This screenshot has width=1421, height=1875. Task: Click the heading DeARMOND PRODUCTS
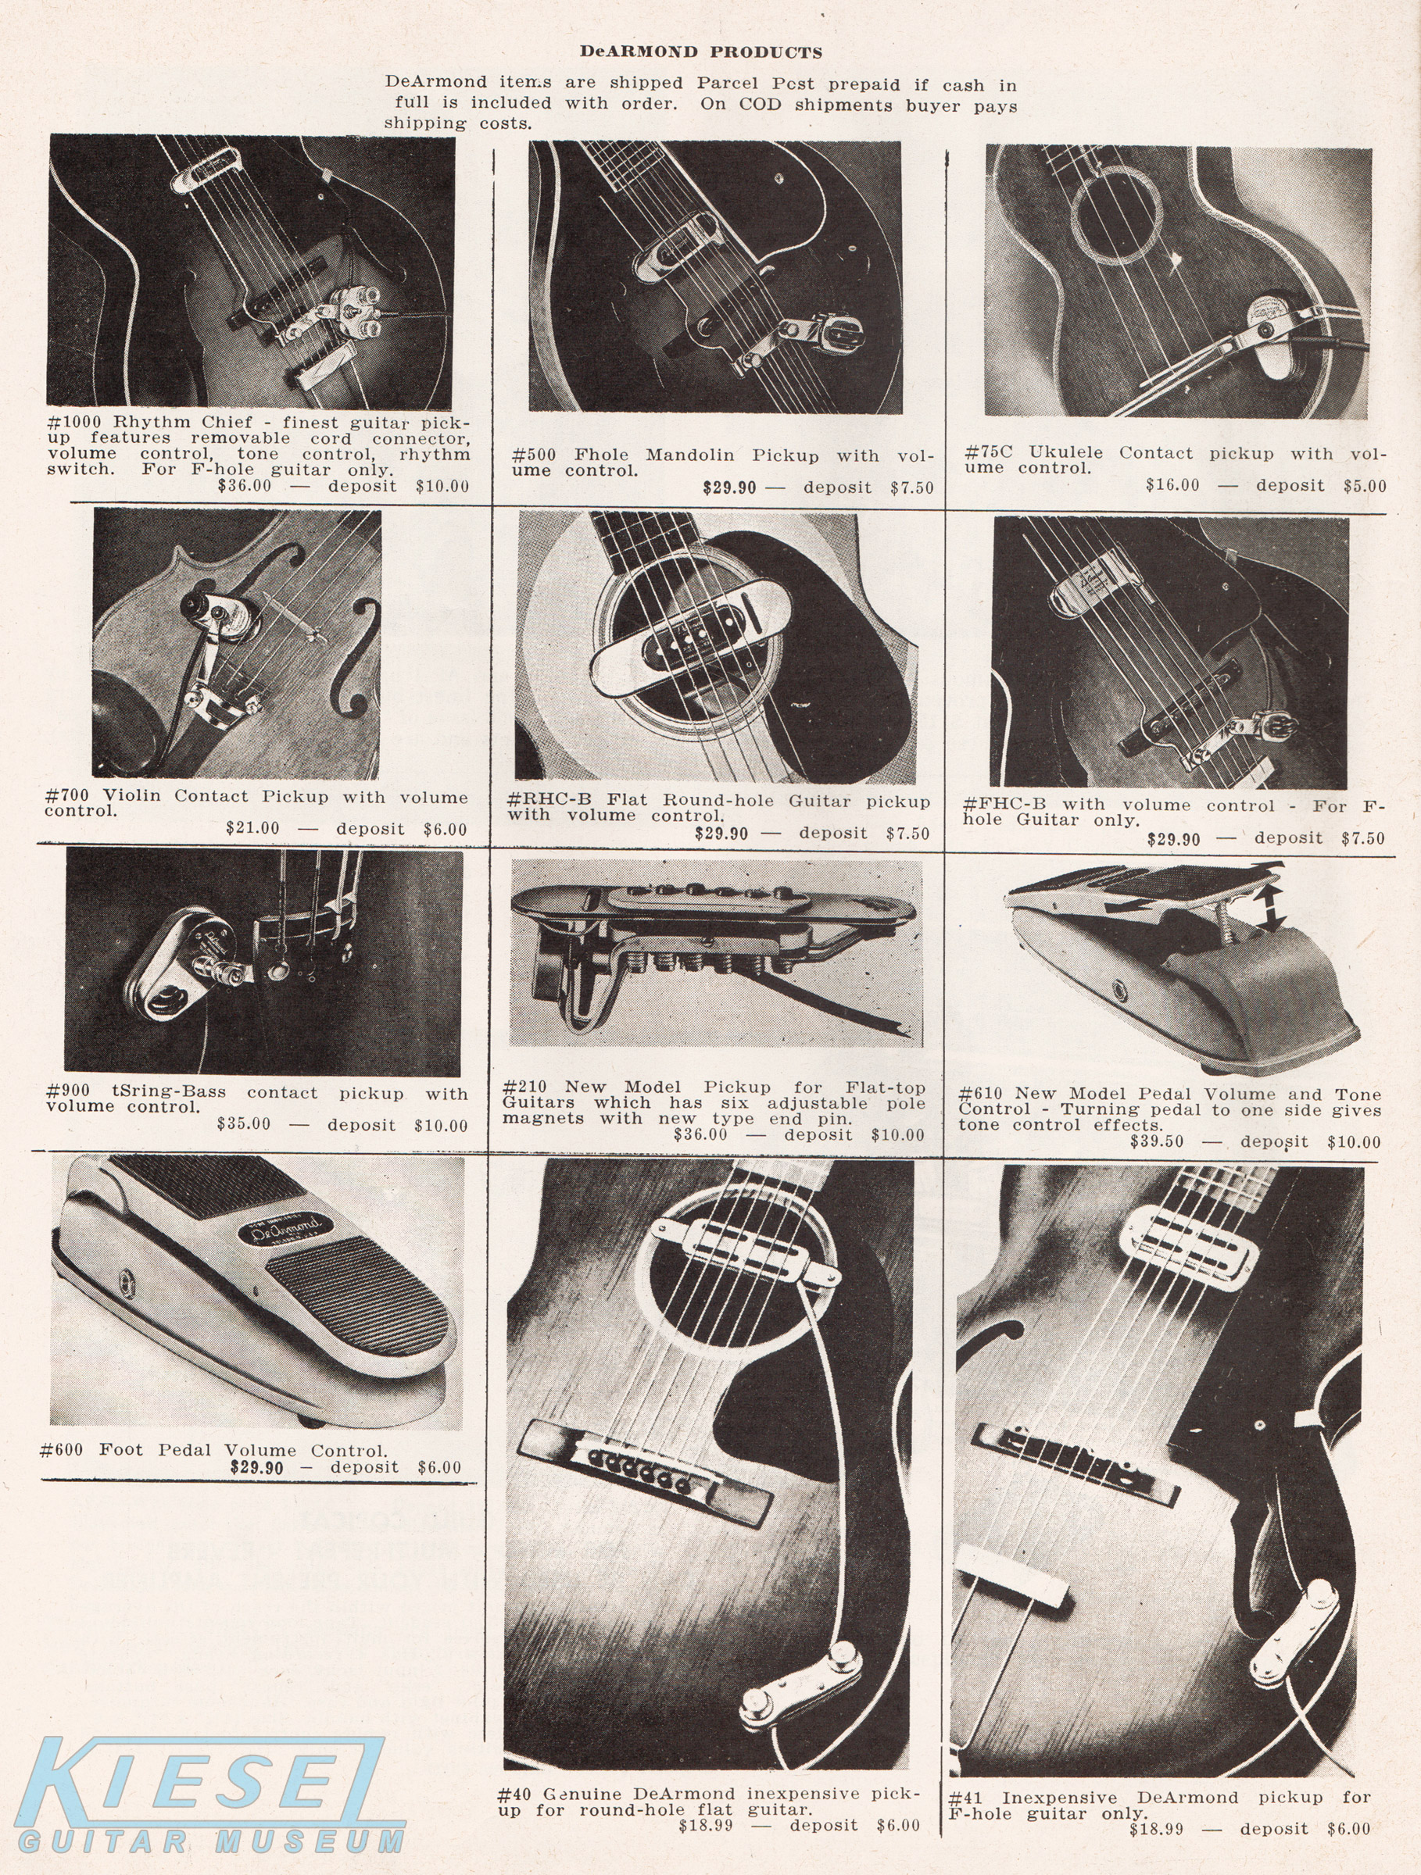(700, 52)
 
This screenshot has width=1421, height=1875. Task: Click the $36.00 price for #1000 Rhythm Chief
(245, 486)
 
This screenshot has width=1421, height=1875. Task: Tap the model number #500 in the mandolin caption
(534, 455)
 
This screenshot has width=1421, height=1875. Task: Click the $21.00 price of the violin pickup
(252, 827)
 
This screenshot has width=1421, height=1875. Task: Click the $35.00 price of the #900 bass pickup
(244, 1124)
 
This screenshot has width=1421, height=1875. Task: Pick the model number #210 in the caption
(524, 1087)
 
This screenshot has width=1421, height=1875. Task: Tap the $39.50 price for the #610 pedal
(1157, 1141)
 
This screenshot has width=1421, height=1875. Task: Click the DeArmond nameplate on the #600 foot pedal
(281, 1228)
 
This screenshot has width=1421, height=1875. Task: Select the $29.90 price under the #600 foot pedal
(257, 1467)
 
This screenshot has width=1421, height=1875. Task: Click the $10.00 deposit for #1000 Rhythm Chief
(442, 486)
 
